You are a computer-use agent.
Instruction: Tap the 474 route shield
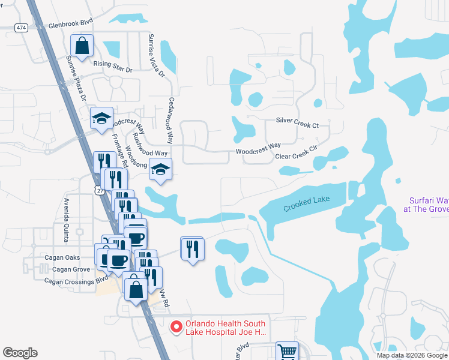click(x=22, y=28)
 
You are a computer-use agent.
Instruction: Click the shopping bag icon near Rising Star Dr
click(x=82, y=46)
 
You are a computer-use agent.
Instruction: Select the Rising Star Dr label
click(x=112, y=66)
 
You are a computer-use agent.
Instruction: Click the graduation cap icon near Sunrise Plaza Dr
click(x=101, y=118)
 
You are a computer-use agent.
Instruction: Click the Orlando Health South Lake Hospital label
click(x=226, y=328)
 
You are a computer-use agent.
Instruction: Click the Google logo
click(x=20, y=353)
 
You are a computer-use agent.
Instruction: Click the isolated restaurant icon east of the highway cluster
click(x=193, y=248)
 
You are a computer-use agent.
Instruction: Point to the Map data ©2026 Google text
click(x=411, y=355)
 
